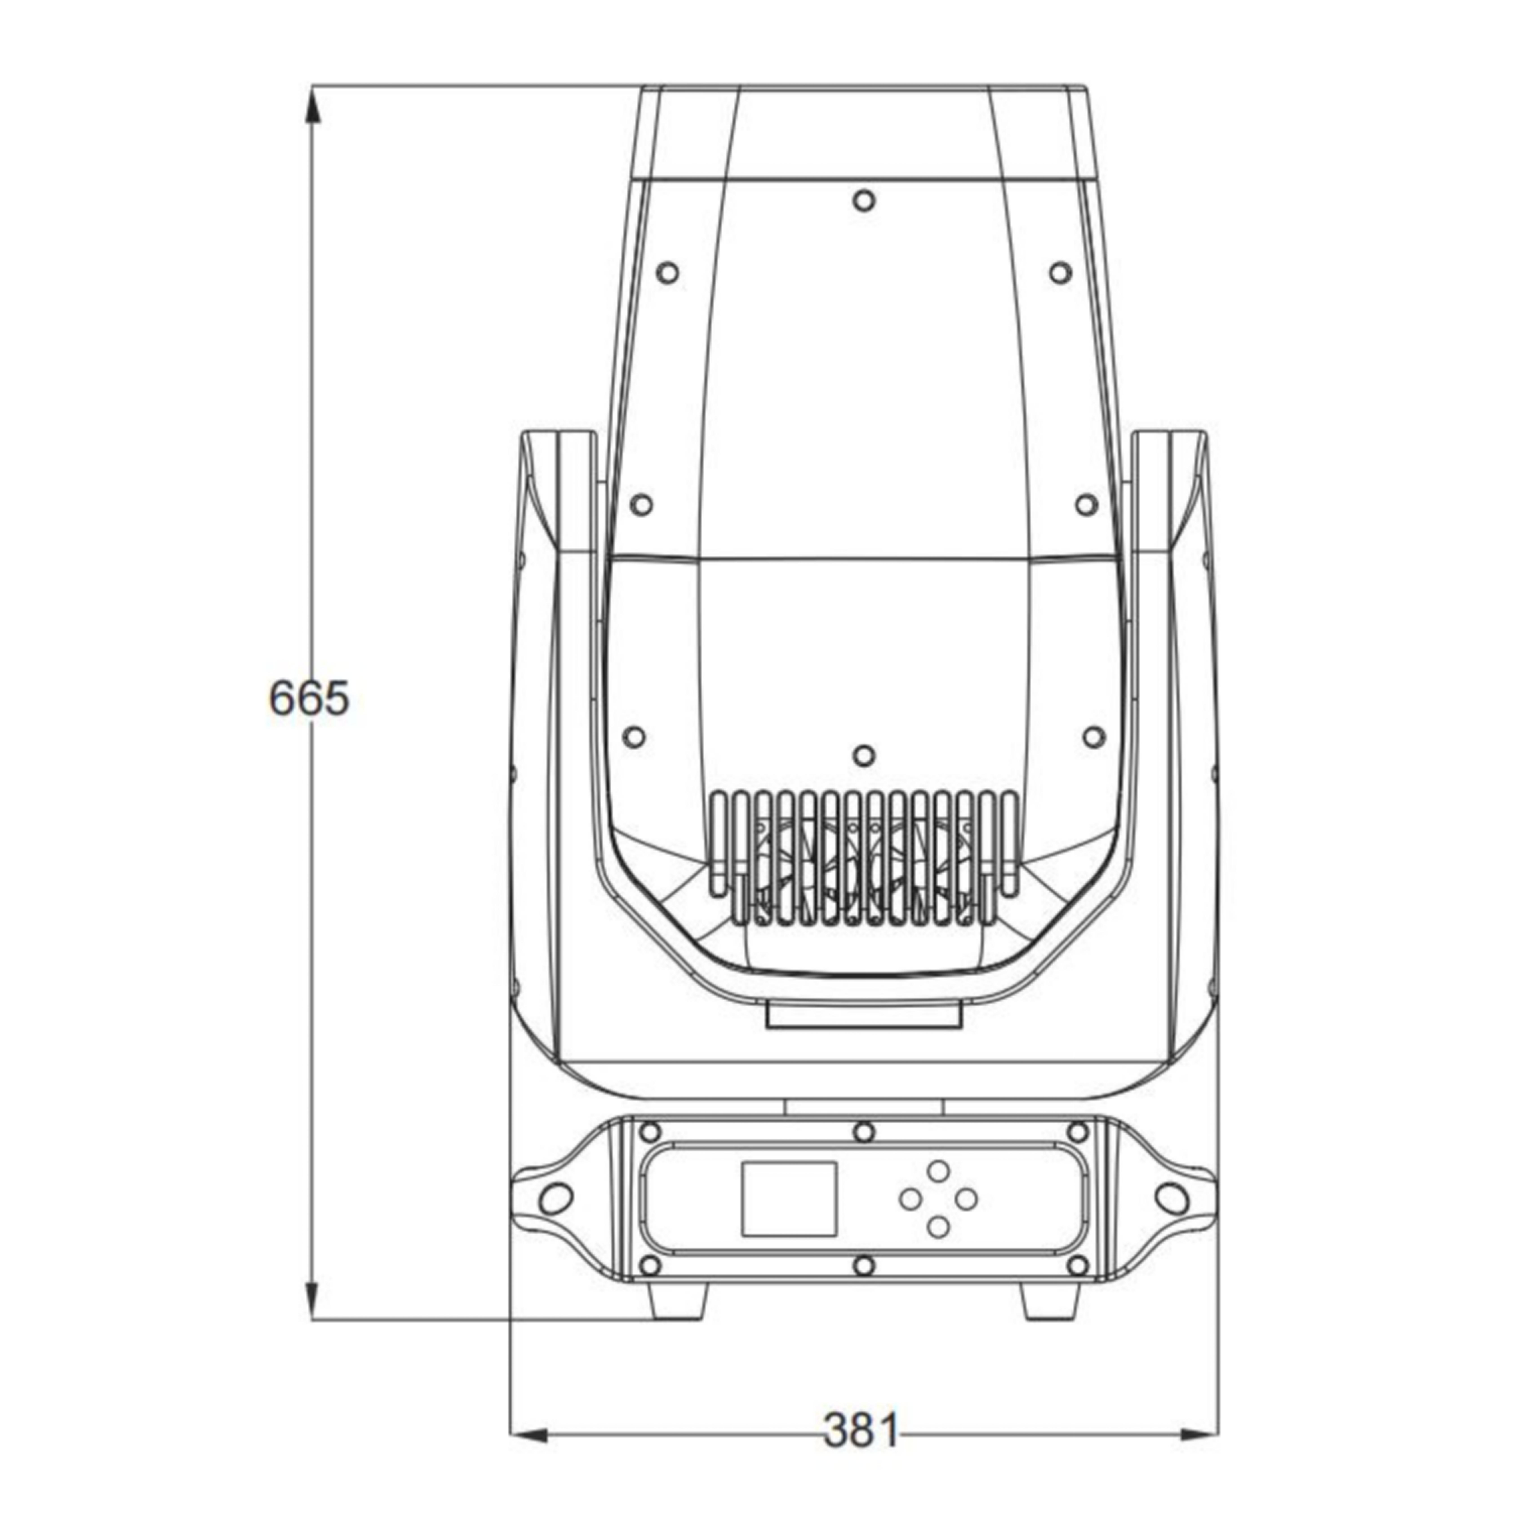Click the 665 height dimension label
(x=309, y=699)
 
